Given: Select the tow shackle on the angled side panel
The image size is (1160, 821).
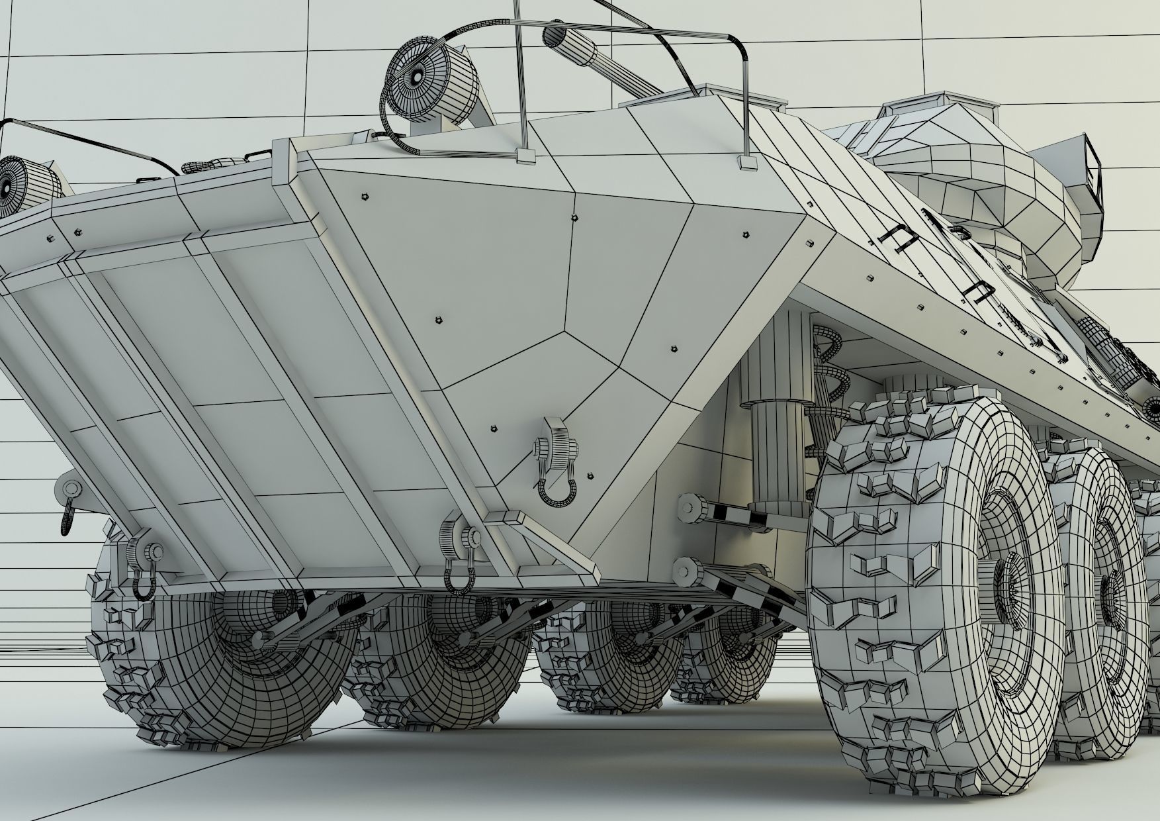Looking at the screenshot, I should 555,463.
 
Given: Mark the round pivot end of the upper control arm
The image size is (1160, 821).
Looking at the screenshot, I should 688,507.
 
